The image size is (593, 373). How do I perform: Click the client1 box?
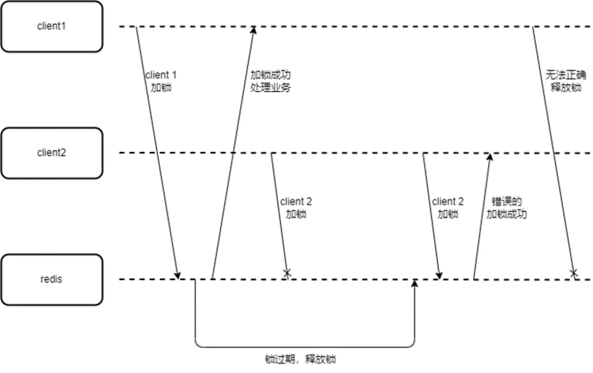(x=51, y=26)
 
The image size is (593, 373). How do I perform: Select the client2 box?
(x=51, y=153)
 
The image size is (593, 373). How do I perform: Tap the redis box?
(x=51, y=279)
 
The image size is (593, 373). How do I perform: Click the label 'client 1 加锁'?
(x=161, y=80)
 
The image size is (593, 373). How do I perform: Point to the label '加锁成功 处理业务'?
(x=270, y=80)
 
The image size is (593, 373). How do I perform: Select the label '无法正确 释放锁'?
(x=565, y=80)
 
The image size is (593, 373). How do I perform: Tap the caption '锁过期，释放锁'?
(x=300, y=360)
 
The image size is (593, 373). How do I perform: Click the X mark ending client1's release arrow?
(x=574, y=273)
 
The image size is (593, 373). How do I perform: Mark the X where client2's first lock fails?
(x=286, y=273)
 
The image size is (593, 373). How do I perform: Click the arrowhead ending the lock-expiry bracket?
(x=415, y=283)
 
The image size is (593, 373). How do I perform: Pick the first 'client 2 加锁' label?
(x=296, y=208)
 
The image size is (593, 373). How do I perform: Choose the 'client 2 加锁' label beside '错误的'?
(x=447, y=208)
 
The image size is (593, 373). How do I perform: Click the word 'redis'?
(x=51, y=279)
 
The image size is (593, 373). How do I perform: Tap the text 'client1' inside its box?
(x=51, y=26)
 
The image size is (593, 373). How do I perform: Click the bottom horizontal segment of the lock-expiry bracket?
(x=305, y=347)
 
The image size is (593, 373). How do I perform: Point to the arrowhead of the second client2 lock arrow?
(x=439, y=275)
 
